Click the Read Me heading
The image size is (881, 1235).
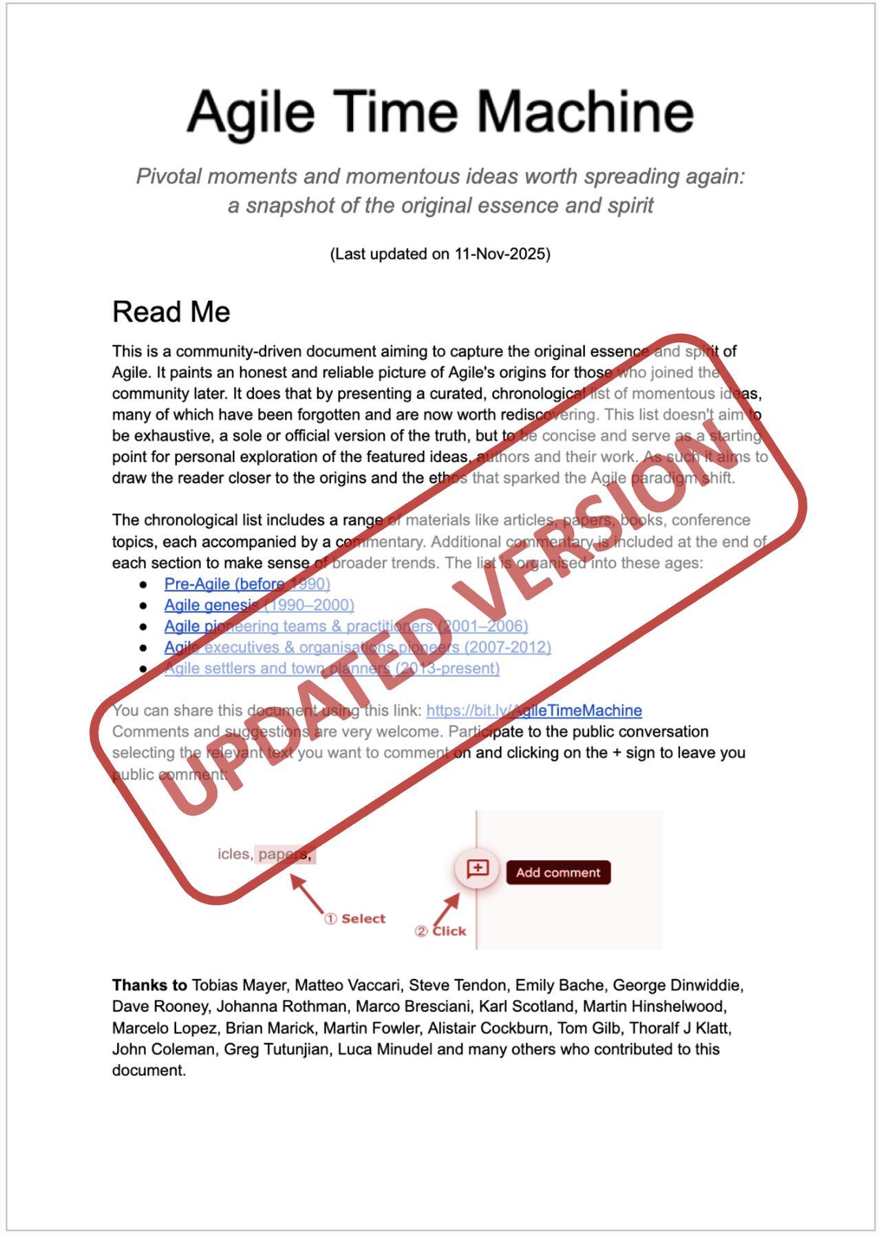coord(171,312)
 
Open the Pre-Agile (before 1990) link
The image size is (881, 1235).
coord(246,584)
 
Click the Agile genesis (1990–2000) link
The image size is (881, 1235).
coord(259,605)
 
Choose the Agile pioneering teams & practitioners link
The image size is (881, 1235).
coord(346,626)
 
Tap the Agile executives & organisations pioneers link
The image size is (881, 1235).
coord(357,648)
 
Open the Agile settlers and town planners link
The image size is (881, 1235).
coord(332,668)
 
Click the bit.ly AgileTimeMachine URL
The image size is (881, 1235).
coord(533,710)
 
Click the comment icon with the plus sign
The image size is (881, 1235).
coord(478,869)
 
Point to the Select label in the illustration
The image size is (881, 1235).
coord(363,919)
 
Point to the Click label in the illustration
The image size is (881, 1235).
coord(449,931)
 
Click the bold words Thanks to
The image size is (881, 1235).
coord(149,985)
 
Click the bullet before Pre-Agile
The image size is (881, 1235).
coord(143,584)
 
